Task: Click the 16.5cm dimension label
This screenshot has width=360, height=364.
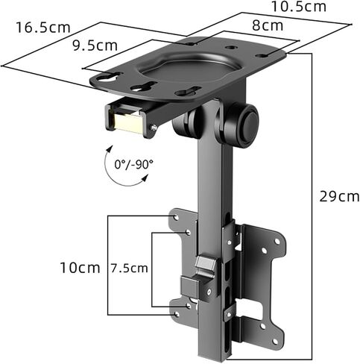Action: pos(43,28)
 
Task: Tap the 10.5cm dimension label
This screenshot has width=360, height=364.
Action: pos(299,7)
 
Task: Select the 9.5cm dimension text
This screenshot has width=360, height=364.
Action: pos(95,45)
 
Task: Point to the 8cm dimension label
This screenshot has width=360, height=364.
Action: pos(268,25)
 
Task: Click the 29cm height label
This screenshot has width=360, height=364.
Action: pos(339,197)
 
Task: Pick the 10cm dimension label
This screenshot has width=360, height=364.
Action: pos(80,268)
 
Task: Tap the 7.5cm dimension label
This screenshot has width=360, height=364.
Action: pos(129,269)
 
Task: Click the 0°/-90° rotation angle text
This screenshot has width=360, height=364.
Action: pos(133,164)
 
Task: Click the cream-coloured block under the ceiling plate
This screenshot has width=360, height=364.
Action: pos(128,122)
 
